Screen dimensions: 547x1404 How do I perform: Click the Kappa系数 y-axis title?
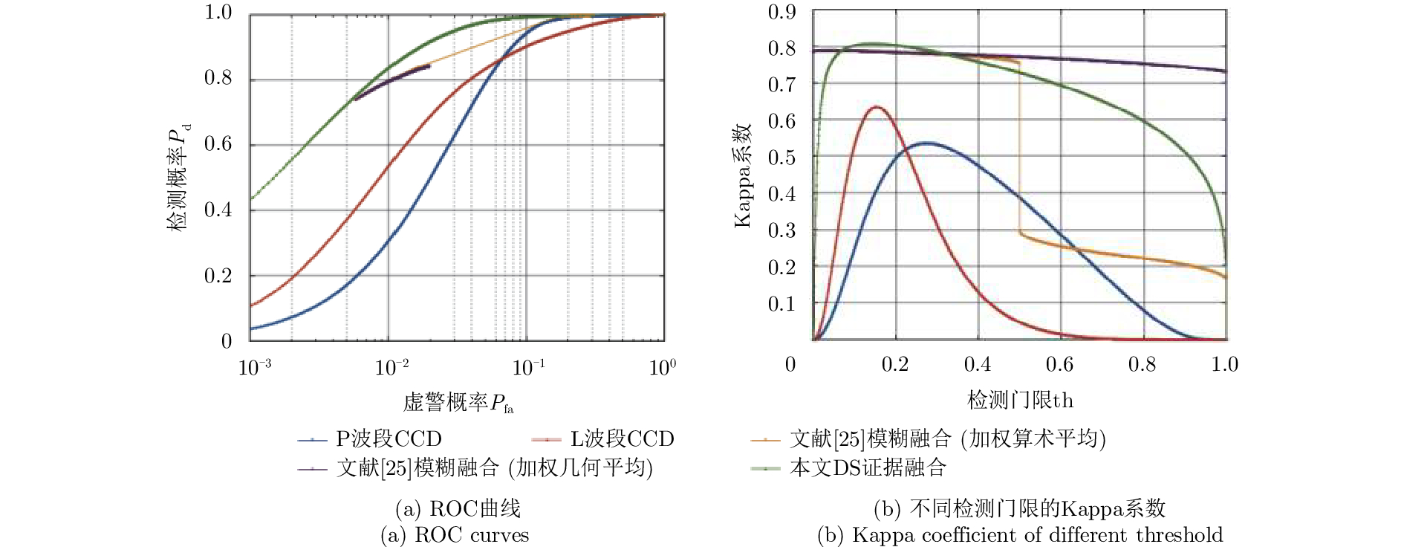[744, 176]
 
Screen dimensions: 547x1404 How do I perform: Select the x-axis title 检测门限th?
[1020, 401]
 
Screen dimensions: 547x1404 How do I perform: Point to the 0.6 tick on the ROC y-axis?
[218, 144]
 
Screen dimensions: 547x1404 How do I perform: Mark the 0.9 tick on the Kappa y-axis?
[781, 13]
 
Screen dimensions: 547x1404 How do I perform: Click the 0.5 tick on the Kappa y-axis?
[781, 158]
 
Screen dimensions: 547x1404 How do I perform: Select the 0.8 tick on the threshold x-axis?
[1142, 364]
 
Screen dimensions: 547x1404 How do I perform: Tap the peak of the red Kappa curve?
[877, 107]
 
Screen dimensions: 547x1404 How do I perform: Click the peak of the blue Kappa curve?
[926, 143]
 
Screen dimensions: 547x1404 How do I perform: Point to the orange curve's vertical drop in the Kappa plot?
[1019, 149]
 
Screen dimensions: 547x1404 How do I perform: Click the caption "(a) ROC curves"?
[455, 535]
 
